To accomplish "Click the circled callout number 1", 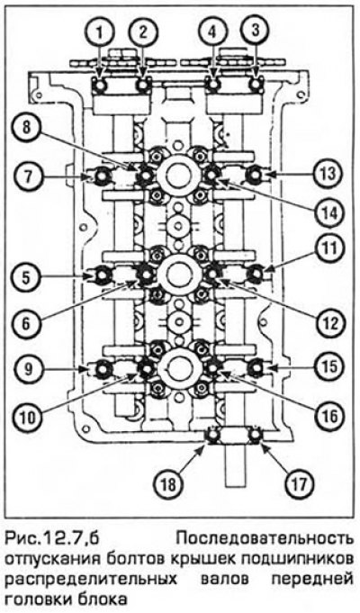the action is tap(101, 32).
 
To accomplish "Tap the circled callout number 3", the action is tap(256, 32).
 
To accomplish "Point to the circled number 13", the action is tap(328, 175).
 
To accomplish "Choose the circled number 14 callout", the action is tap(328, 214).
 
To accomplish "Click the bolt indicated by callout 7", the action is tap(102, 176).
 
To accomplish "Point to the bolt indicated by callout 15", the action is tap(256, 368).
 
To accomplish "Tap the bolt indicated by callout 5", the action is tap(102, 276).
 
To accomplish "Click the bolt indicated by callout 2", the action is tap(143, 84).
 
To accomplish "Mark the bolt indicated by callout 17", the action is tap(256, 436).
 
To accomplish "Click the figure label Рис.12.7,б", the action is tap(50, 541).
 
